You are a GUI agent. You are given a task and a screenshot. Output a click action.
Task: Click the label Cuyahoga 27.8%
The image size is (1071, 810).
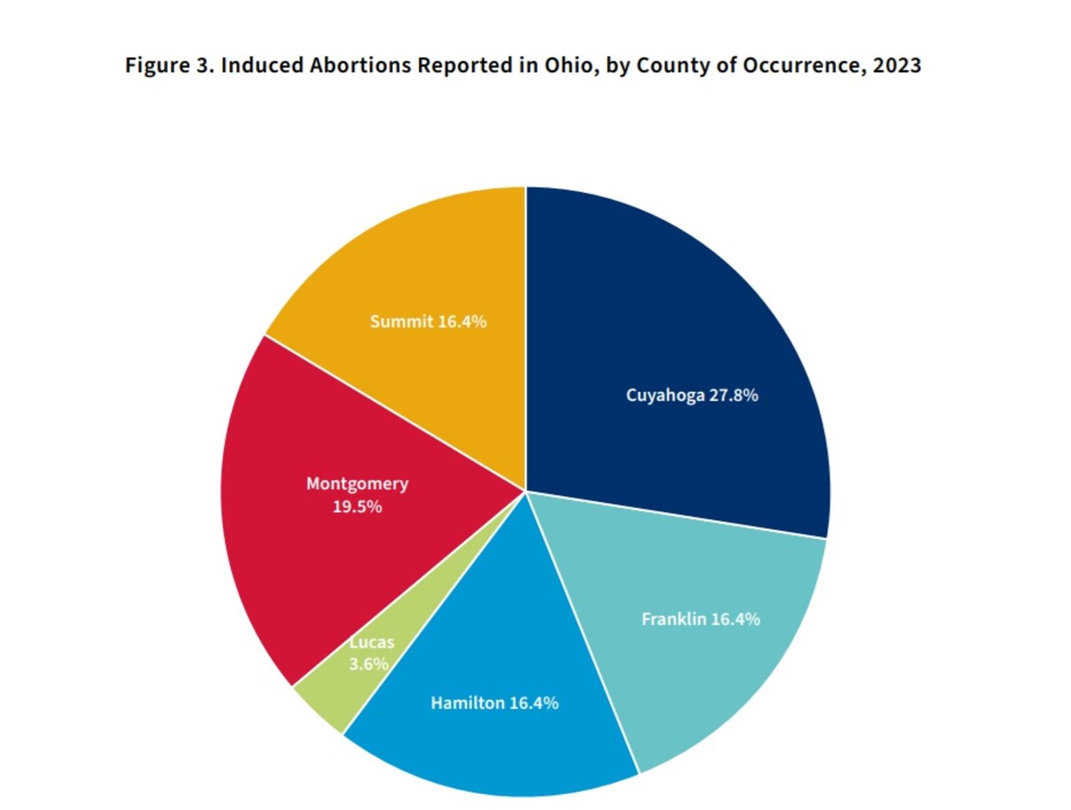pyautogui.click(x=691, y=395)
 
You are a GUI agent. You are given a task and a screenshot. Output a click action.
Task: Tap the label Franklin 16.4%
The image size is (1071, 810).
pyautogui.click(x=700, y=619)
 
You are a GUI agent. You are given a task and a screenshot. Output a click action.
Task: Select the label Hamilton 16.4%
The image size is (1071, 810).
pyautogui.click(x=494, y=703)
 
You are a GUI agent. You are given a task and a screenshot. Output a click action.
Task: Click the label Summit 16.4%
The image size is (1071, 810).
pyautogui.click(x=428, y=322)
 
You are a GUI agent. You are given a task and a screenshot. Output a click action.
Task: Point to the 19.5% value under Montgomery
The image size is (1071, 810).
pyautogui.click(x=357, y=507)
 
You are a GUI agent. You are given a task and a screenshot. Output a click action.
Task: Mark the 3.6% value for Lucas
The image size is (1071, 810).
pyautogui.click(x=368, y=664)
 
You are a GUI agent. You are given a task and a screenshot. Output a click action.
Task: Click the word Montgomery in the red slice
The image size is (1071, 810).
pyautogui.click(x=357, y=484)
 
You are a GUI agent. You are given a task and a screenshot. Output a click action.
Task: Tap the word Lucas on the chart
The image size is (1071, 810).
pyautogui.click(x=372, y=643)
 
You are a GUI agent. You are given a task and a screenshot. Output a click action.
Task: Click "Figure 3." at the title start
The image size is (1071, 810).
pyautogui.click(x=169, y=65)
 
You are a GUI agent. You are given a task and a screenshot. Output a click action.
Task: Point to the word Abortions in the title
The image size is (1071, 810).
pyautogui.click(x=359, y=65)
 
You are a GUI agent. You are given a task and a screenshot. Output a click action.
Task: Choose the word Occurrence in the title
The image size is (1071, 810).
pyautogui.click(x=803, y=65)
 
